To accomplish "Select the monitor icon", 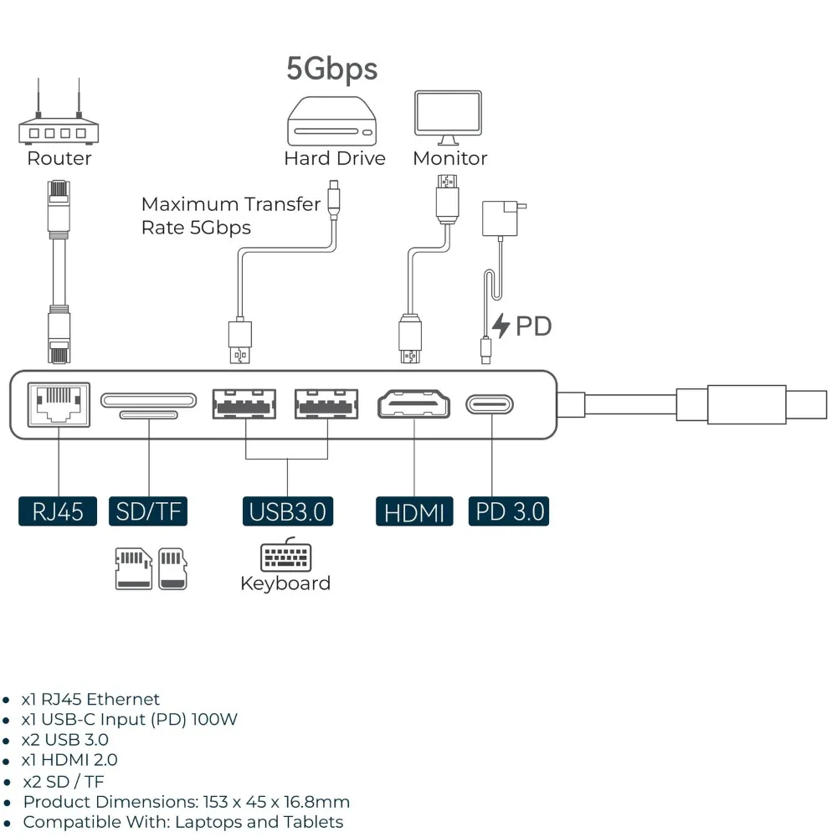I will coord(448,118).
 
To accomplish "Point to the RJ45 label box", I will coord(58,511).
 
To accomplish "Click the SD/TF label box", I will coord(148,511).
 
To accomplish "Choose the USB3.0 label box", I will coord(287,511).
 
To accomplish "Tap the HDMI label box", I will coord(414,511).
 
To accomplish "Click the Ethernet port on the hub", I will coord(59,404).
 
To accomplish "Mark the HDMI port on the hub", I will coord(414,404).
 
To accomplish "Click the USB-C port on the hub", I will coord(490,405).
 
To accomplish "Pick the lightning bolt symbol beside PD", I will coord(501,326).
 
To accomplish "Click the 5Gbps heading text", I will coord(332,69).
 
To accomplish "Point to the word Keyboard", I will coord(285,583).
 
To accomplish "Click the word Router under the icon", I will coord(59,158).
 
